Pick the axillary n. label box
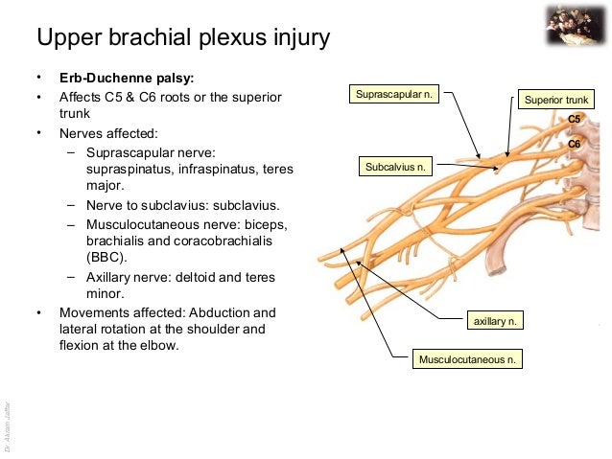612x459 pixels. point(495,321)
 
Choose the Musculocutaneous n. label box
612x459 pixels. point(468,359)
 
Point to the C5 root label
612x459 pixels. point(575,119)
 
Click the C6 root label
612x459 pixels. point(575,144)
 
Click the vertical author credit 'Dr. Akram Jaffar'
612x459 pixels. point(8,422)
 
